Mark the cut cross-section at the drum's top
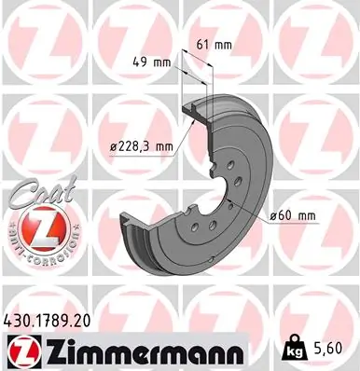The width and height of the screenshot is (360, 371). point(200,109)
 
